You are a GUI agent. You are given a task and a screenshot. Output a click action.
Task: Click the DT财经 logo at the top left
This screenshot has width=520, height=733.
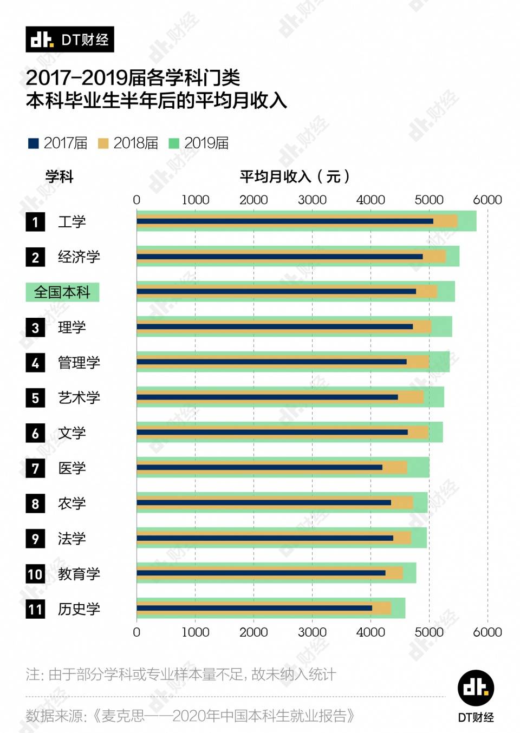(69, 40)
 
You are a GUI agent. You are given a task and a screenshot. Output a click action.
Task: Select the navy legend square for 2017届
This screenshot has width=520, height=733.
(33, 143)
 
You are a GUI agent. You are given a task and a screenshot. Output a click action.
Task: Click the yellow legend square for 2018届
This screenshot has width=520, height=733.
(103, 143)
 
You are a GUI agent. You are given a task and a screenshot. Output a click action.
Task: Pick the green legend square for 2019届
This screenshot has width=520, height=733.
(174, 143)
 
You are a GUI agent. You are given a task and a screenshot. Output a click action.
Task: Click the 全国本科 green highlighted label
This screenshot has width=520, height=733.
(62, 292)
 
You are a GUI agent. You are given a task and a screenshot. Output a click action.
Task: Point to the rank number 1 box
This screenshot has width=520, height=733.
(35, 222)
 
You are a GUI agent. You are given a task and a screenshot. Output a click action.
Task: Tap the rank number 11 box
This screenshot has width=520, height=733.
(35, 609)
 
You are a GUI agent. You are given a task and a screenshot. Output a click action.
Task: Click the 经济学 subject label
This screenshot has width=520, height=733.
(79, 257)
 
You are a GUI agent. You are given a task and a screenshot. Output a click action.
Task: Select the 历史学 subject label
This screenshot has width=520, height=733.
(79, 609)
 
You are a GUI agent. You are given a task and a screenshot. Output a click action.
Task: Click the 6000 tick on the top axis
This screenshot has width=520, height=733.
(487, 200)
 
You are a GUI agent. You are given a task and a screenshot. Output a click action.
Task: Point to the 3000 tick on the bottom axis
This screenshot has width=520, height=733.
(312, 632)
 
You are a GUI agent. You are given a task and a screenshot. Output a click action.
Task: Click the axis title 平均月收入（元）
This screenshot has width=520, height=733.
(295, 176)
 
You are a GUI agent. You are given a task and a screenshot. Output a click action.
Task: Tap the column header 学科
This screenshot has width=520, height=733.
(59, 176)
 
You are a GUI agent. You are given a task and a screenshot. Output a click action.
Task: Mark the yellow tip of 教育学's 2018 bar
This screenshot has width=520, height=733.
(401, 573)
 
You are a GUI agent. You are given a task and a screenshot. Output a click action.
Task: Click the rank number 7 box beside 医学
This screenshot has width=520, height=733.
(35, 468)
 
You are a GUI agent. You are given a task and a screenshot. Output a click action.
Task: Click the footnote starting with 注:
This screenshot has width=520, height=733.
(181, 675)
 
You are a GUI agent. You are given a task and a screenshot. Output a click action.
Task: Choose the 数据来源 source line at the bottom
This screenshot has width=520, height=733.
(190, 716)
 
